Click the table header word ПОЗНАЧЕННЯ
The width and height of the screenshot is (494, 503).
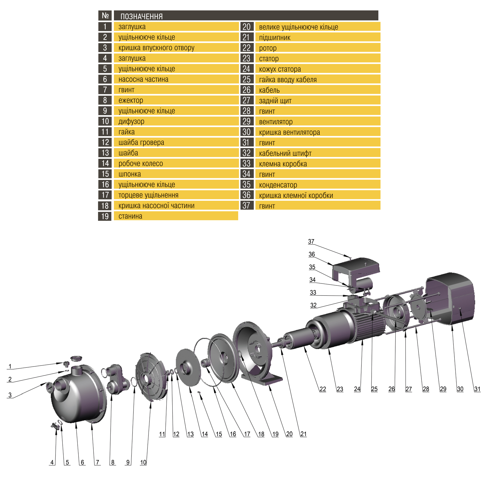point(141,16)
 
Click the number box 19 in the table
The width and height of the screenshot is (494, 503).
point(105,216)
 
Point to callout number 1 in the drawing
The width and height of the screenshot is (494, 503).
point(10,366)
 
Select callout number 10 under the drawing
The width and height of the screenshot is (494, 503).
point(143,462)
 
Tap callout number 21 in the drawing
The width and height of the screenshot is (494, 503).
point(303,434)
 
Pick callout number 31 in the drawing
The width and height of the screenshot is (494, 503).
point(477,389)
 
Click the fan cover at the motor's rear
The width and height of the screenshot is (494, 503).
point(451,298)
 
